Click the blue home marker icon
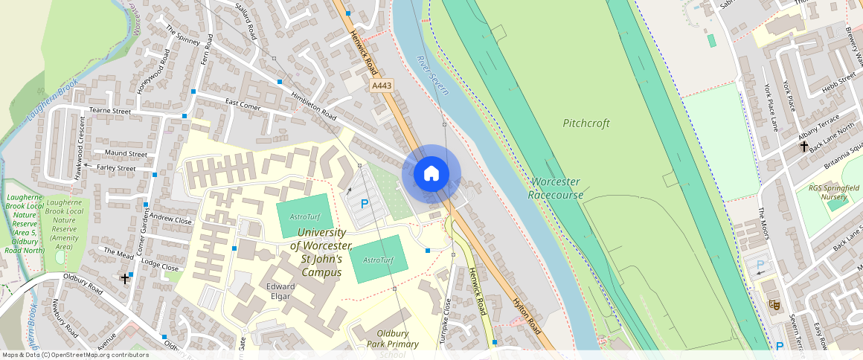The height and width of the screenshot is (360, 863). coord(431,174)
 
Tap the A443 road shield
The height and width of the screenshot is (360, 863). coord(381,86)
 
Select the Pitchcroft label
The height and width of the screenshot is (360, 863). coord(586,123)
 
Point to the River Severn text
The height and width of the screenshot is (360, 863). coord(433,75)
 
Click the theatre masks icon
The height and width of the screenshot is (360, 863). coord(774,304)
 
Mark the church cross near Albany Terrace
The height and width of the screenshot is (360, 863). coord(803,147)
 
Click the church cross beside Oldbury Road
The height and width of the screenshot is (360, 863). coord(125,279)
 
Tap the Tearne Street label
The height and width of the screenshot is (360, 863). coord(110,112)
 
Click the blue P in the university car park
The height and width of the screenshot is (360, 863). coord(365,203)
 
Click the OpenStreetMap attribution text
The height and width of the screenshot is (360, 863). coord(75,355)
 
